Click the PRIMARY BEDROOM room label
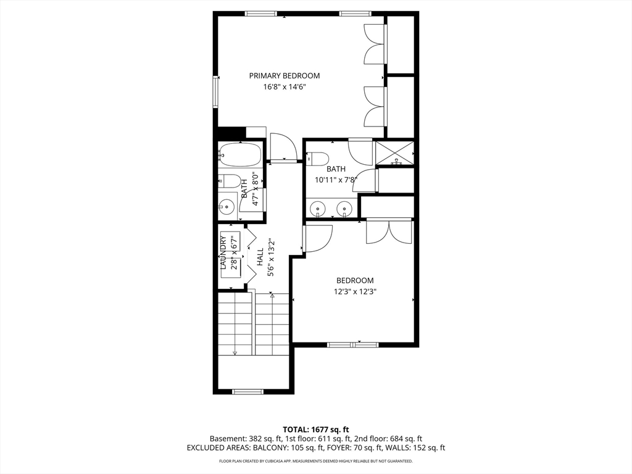(285, 76)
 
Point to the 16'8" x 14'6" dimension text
(285, 88)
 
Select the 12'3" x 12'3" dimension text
(355, 291)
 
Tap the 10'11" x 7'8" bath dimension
(336, 180)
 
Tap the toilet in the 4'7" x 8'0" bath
(230, 181)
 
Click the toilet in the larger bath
(317, 158)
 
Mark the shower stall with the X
(395, 153)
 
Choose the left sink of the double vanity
(318, 209)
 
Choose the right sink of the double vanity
(344, 209)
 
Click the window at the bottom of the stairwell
(247, 391)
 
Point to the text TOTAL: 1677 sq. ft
(316, 430)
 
